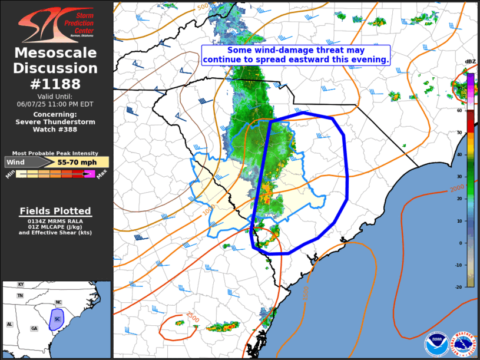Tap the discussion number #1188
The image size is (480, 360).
56,84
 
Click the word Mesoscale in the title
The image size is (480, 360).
56,54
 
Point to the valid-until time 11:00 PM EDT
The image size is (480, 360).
56,103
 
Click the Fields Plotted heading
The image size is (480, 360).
55,211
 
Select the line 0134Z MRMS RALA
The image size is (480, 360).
55,220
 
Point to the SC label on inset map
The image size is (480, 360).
57,319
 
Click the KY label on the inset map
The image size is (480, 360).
21,284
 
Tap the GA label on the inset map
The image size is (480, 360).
34,328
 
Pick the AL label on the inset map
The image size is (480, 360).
9,324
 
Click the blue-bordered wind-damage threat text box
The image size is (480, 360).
296,55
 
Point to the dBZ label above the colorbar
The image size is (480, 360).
470,62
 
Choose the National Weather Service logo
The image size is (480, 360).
463,345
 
